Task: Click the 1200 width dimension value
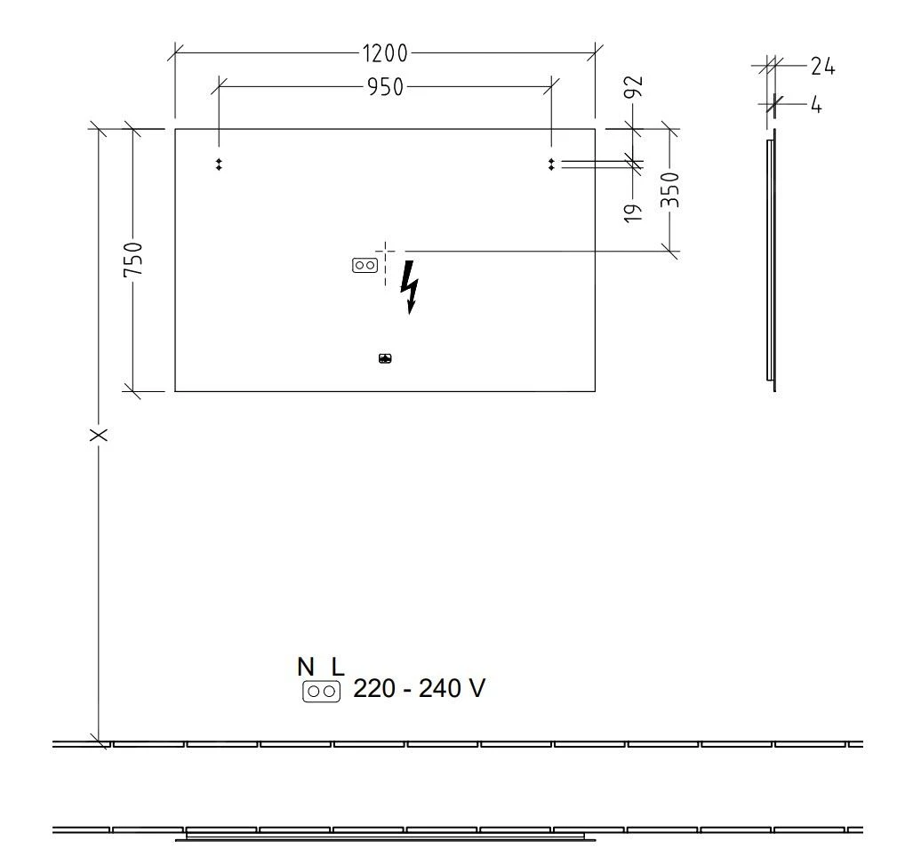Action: click(385, 53)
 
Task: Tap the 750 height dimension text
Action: click(132, 259)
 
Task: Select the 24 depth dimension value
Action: click(822, 66)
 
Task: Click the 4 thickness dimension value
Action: click(816, 105)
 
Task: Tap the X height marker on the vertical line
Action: click(99, 435)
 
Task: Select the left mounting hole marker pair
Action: click(219, 164)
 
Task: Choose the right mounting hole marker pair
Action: click(551, 164)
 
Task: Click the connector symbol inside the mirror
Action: click(364, 265)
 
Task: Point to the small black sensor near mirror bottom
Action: click(385, 359)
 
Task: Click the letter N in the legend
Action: click(306, 666)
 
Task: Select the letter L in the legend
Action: click(337, 666)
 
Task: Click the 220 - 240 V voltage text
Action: click(420, 689)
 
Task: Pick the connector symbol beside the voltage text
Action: click(321, 691)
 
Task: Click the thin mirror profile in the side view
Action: click(771, 263)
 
